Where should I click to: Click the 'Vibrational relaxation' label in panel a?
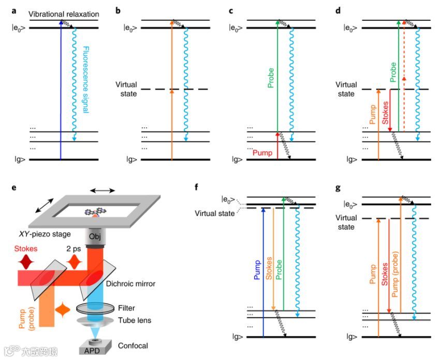click(64, 14)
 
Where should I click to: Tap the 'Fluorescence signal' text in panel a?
click(85, 80)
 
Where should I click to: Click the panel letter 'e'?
click(13, 187)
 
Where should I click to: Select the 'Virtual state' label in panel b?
click(126, 89)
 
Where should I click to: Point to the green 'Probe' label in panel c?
click(270, 78)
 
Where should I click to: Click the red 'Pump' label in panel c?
click(262, 153)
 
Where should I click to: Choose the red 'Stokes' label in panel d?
click(385, 113)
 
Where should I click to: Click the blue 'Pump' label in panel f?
click(257, 270)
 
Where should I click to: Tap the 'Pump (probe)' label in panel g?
click(395, 274)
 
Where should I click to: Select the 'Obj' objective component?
click(95, 237)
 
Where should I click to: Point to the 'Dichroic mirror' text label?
click(130, 284)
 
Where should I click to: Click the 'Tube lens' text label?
click(135, 320)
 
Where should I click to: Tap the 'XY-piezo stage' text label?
click(45, 234)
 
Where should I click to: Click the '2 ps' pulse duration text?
click(74, 249)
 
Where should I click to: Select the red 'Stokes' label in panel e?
click(26, 249)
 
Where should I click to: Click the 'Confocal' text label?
click(133, 345)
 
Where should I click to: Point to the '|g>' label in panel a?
click(20, 160)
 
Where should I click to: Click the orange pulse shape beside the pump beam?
click(63, 310)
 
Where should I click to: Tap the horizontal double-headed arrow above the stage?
click(103, 191)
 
